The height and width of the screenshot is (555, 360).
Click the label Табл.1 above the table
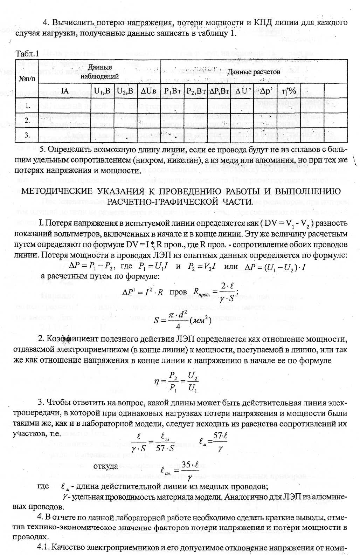pos(27,54)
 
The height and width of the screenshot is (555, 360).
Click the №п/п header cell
pos(27,78)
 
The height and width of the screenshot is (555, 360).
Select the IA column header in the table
pos(64,91)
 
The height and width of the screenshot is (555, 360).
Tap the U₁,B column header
pos(102,91)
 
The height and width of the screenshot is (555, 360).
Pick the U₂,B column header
pos(125,91)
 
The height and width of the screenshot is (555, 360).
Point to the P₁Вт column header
pos(173,91)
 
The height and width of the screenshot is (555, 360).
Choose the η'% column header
pos(289,91)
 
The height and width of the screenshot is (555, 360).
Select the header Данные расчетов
pos(254,72)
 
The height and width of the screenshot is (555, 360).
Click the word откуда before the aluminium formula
pos(105,466)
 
